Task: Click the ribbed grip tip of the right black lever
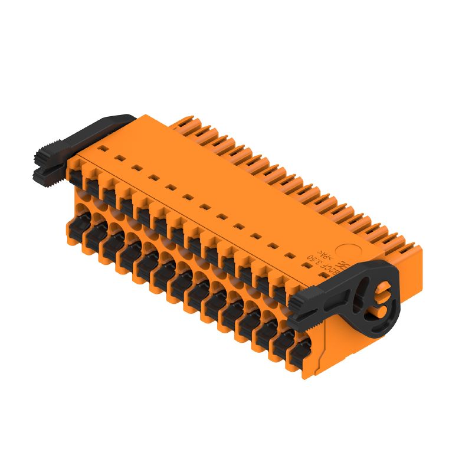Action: [301, 301]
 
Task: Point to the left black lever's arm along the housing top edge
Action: [100, 129]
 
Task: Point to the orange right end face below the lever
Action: [339, 345]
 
